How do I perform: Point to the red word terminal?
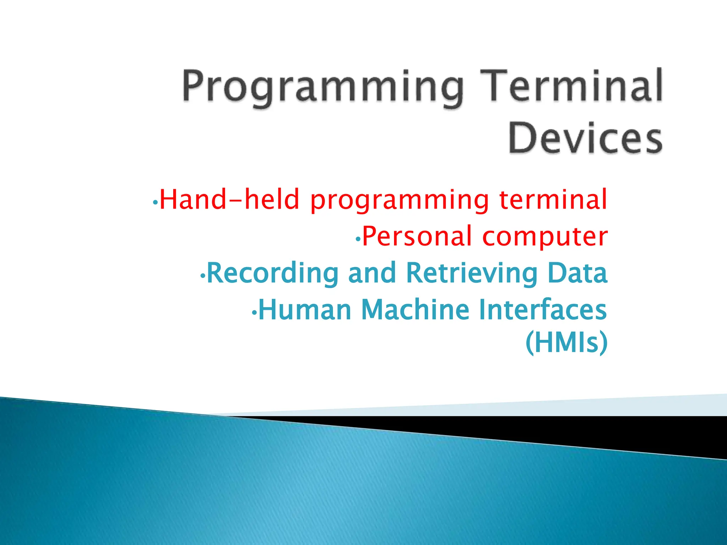point(553,199)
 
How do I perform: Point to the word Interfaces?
point(543,310)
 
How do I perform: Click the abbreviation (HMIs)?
point(567,342)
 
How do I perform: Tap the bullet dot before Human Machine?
point(254,313)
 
